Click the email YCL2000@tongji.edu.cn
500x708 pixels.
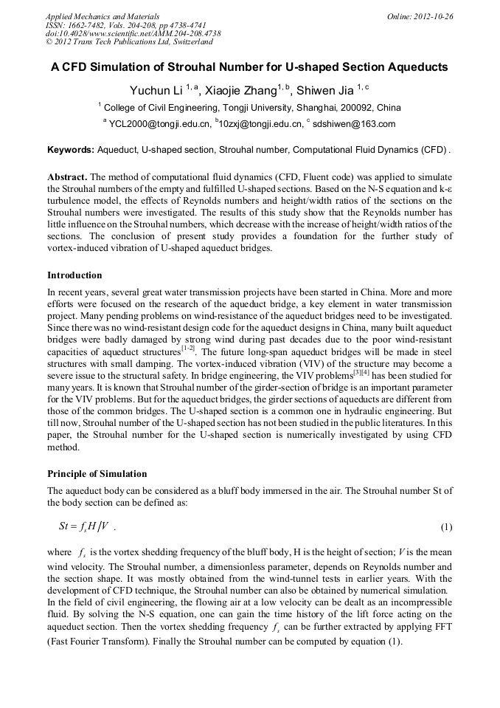coord(159,124)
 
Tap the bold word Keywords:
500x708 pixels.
coord(71,150)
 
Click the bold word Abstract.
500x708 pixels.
coord(68,179)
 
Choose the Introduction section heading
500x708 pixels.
coord(74,275)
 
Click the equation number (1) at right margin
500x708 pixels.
coord(445,527)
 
